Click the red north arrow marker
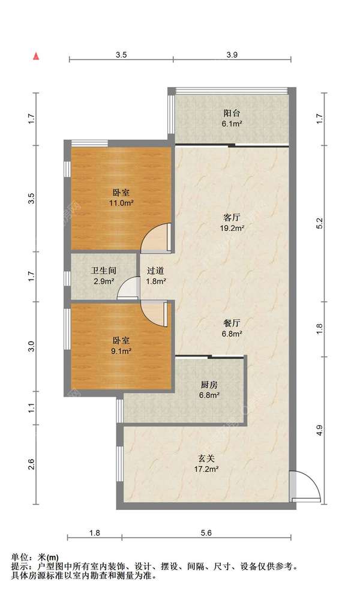click(x=36, y=56)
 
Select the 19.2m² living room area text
click(x=233, y=229)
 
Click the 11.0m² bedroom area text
click(x=121, y=203)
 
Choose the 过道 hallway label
click(x=156, y=271)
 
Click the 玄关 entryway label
click(x=208, y=458)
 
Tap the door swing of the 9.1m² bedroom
click(x=154, y=313)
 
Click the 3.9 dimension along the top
click(x=232, y=55)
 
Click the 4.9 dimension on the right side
click(x=320, y=430)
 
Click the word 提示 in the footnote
click(x=19, y=566)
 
